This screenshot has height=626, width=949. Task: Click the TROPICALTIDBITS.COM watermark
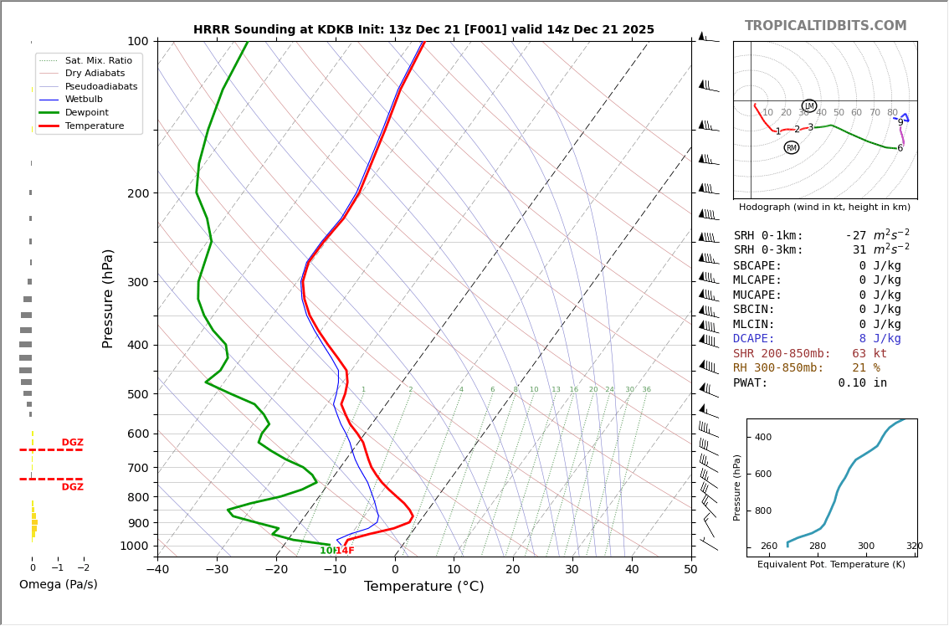pos(825,26)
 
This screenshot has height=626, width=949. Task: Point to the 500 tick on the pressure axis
pos(137,394)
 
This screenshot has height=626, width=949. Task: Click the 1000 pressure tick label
pos(134,546)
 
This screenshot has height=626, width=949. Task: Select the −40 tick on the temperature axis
pos(157,570)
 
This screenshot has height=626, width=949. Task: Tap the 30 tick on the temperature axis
pos(572,570)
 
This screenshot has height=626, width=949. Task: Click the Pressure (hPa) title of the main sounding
pos(108,298)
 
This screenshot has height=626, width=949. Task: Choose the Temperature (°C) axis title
pos(423,587)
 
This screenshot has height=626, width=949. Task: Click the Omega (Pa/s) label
pos(58,584)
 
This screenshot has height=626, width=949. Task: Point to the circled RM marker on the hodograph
pos(791,148)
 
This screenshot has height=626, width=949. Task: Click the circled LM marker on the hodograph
pos(808,106)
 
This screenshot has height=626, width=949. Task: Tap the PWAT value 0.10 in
pos(862,383)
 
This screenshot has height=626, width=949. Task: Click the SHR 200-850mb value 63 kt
pos(869,354)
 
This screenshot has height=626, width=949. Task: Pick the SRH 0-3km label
pos(768,250)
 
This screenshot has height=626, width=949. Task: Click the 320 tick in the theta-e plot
pos(913,546)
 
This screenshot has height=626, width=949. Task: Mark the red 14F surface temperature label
pos(345,551)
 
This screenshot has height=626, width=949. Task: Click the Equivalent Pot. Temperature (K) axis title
pos(831,565)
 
